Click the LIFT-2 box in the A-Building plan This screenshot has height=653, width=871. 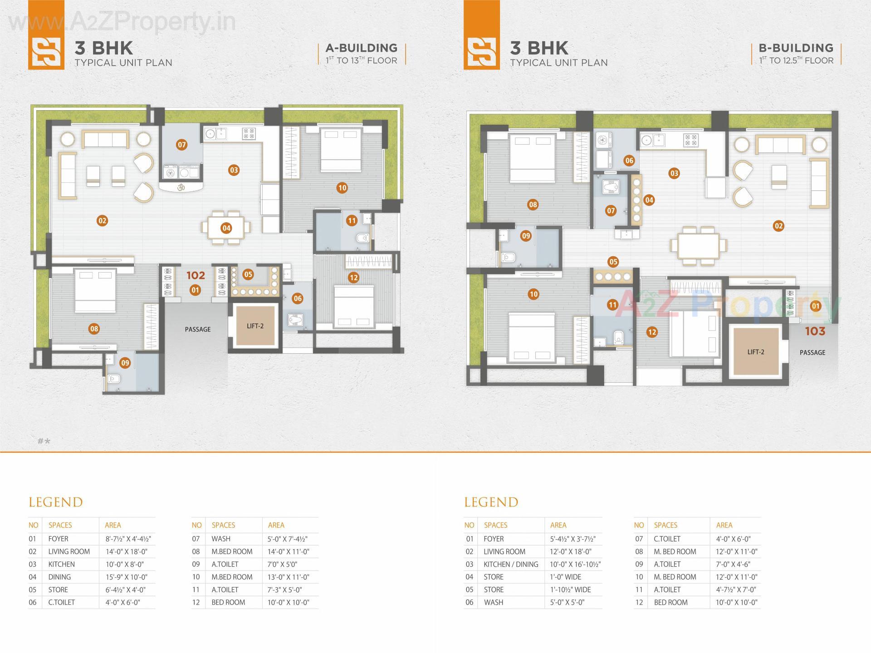point(255,326)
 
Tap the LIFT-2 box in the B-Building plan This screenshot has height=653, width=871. point(756,352)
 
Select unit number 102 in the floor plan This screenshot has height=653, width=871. point(196,275)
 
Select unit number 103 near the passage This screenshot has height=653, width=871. point(815,331)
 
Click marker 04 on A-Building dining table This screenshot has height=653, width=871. point(226,228)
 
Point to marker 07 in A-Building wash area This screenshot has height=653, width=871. point(181,145)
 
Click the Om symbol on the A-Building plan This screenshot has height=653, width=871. point(181,187)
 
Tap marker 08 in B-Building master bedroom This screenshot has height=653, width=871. point(533,205)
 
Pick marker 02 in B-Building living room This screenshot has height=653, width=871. point(778,226)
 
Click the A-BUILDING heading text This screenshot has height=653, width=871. point(361,48)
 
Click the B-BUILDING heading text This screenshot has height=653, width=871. point(796,48)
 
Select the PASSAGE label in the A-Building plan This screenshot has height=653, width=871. point(198,329)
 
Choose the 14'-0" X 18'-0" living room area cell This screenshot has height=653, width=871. point(127,552)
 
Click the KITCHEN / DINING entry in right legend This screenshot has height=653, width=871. point(511,565)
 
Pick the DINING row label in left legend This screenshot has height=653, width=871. point(59,577)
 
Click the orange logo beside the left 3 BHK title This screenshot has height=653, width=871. point(46,51)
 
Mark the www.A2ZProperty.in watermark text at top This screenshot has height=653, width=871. point(122,21)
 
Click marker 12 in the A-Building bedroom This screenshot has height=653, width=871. point(353,278)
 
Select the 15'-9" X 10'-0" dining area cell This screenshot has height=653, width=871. point(127,577)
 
